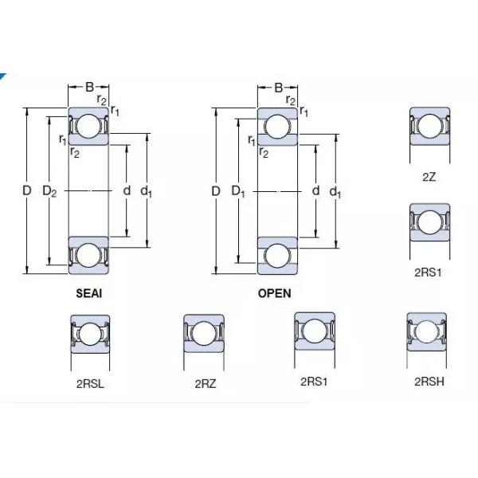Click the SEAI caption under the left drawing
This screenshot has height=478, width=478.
click(x=88, y=292)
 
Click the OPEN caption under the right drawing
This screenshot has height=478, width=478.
click(x=274, y=292)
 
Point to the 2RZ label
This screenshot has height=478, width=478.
click(x=205, y=383)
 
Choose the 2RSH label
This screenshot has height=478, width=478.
click(x=429, y=382)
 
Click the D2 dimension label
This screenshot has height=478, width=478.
click(x=49, y=191)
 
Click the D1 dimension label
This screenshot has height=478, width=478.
click(x=238, y=191)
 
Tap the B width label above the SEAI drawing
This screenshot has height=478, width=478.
click(x=89, y=87)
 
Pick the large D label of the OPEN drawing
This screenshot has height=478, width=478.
click(x=215, y=191)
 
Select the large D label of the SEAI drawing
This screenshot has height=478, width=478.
click(x=26, y=191)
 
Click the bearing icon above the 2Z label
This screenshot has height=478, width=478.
click(x=429, y=127)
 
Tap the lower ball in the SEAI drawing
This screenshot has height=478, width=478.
click(x=88, y=255)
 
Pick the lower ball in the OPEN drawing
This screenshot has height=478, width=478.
click(x=277, y=255)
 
